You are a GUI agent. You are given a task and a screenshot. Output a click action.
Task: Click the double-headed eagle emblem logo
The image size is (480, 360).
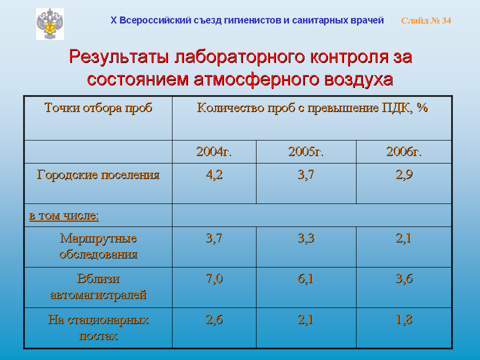(x=50, y=24)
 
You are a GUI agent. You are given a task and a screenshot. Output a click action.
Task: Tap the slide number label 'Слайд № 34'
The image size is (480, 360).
(x=426, y=20)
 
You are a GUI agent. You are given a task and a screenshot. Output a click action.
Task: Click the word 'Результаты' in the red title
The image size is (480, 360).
(x=119, y=57)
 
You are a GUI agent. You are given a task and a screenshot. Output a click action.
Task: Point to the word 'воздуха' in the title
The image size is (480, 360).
(x=358, y=79)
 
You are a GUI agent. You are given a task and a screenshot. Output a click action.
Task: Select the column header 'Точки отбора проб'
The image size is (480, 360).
(x=98, y=108)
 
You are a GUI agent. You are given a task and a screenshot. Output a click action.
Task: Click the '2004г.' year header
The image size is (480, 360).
(x=214, y=151)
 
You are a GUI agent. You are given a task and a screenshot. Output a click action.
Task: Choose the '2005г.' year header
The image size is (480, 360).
(x=306, y=151)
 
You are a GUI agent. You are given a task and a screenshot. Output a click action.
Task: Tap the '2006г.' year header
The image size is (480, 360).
(x=404, y=151)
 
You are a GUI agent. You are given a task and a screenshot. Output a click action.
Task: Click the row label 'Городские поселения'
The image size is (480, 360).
(x=98, y=175)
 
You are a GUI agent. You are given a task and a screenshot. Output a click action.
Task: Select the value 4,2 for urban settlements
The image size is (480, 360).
(x=214, y=174)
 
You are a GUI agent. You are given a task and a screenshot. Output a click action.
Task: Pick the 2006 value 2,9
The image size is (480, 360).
(x=404, y=174)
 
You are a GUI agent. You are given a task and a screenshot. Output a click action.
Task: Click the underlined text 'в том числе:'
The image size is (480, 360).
(x=64, y=215)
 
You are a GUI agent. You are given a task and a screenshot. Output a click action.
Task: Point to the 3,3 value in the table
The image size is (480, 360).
(x=306, y=238)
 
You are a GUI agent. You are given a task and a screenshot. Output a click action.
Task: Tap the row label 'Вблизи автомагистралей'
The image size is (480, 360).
(x=98, y=286)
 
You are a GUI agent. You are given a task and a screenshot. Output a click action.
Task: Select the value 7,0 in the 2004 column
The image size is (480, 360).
(x=214, y=279)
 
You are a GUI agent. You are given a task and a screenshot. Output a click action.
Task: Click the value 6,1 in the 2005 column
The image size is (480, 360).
(x=305, y=279)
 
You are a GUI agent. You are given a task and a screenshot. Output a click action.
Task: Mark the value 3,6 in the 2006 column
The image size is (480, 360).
(x=404, y=279)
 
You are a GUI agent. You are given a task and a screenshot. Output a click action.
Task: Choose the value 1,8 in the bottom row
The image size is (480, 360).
(x=404, y=319)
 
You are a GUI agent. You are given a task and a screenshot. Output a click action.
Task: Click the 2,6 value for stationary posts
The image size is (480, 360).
(x=214, y=319)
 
